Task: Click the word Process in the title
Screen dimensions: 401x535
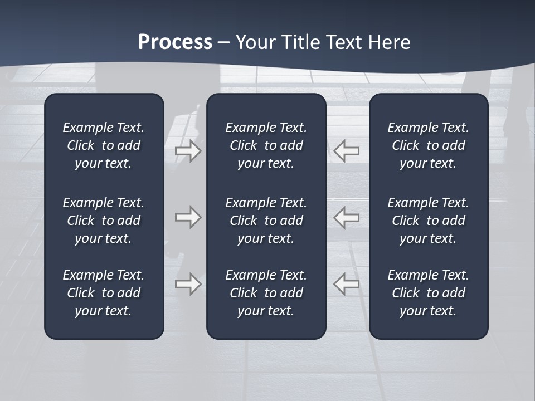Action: point(175,42)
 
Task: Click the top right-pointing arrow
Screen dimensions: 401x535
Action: point(188,151)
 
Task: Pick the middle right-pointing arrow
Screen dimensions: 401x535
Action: point(188,217)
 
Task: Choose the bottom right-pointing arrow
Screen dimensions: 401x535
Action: point(188,284)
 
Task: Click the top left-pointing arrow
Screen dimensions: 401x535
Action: point(346,151)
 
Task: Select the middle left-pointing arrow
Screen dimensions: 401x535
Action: point(346,217)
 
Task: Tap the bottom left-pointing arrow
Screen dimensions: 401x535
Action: point(346,284)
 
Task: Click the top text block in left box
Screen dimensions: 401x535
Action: point(104,145)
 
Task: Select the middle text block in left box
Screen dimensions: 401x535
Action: point(104,221)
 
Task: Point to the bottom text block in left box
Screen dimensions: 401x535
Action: point(104,293)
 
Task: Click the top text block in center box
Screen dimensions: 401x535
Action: point(266,145)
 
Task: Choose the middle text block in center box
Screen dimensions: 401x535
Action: point(266,221)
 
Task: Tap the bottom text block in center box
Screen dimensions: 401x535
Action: point(266,293)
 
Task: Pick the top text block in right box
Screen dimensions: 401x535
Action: point(428,145)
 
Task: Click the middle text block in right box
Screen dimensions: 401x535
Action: point(428,221)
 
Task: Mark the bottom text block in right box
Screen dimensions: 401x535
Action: point(428,293)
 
